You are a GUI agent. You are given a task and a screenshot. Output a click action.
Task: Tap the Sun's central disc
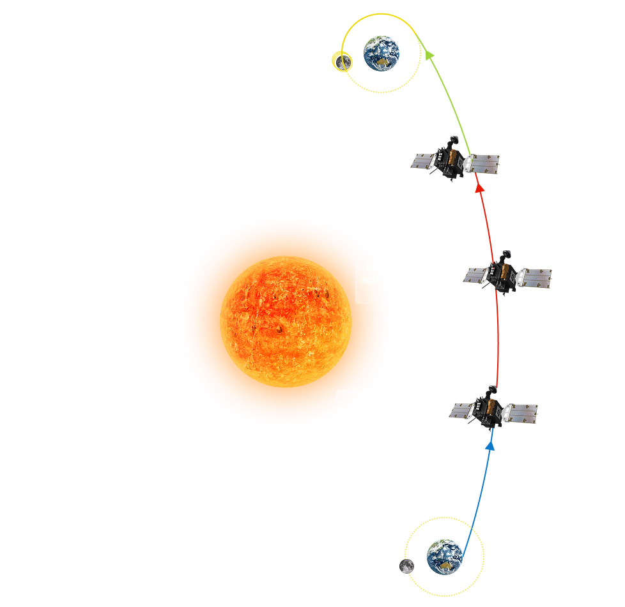point(286,321)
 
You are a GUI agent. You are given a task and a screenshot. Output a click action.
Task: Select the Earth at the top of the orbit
point(382,52)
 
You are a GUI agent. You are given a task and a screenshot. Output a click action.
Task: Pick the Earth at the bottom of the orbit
point(444,555)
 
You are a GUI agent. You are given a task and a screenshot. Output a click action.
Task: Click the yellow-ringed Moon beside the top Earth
point(343,62)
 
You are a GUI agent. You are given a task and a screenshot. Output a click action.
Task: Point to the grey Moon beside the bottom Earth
point(406,566)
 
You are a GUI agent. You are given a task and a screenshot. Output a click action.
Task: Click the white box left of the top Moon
point(277,63)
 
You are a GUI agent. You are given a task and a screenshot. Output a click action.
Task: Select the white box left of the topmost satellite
point(327,158)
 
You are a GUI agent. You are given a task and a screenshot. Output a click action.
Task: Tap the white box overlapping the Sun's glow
point(411,279)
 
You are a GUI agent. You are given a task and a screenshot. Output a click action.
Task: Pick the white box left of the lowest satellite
point(390,414)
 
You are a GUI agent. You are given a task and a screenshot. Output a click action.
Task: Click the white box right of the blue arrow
point(559,481)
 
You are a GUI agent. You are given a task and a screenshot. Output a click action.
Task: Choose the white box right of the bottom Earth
point(529,557)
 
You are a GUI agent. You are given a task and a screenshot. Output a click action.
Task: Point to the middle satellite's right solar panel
point(534,277)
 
